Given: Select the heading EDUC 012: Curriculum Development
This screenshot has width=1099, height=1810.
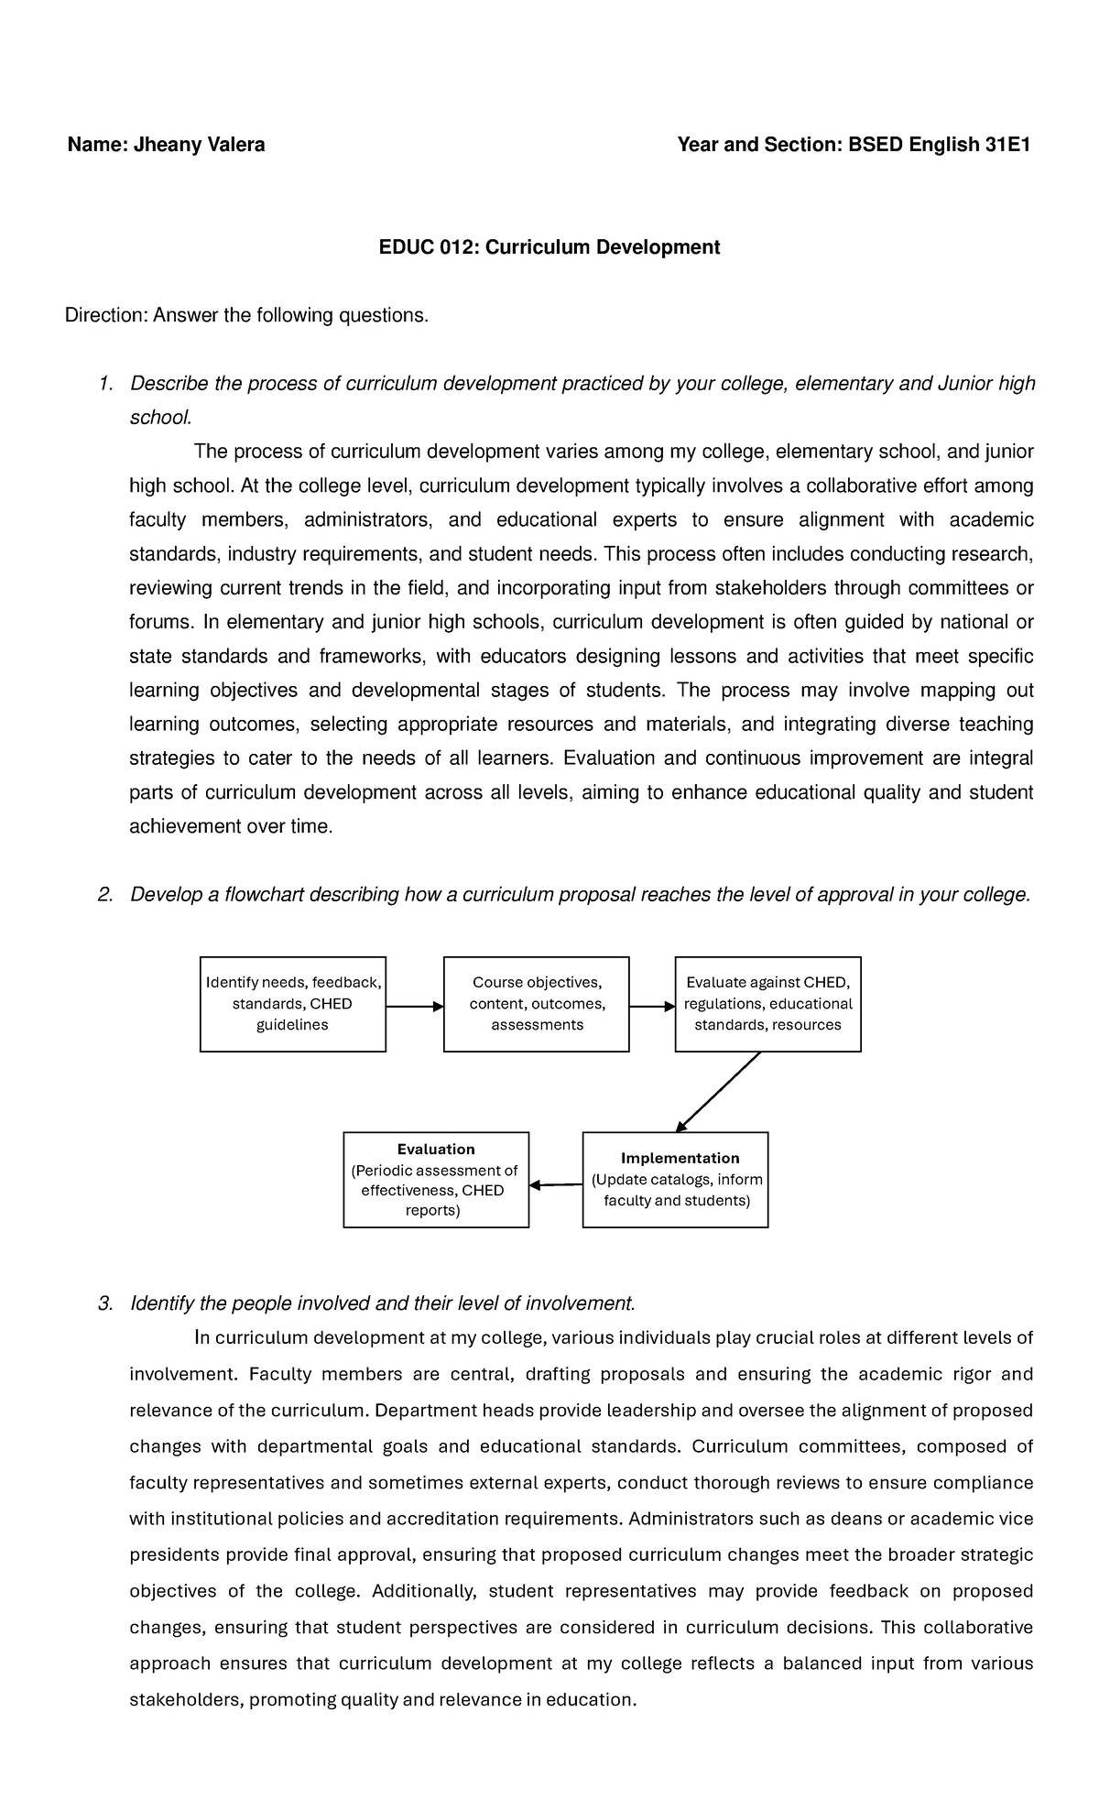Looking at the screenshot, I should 549,247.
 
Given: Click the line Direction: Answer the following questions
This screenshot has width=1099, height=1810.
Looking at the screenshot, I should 246,315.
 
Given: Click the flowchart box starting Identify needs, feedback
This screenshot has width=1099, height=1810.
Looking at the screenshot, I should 292,1004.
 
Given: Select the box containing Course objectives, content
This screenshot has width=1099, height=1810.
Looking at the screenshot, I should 537,1004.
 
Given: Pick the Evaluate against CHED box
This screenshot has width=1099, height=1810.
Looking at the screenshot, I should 767,1004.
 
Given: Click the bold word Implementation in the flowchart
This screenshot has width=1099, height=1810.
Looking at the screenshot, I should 680,1158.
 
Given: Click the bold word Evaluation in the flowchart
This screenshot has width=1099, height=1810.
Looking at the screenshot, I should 436,1149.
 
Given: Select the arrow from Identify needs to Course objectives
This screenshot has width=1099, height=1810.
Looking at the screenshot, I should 414,1007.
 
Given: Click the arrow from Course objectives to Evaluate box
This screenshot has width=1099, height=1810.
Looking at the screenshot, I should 652,1007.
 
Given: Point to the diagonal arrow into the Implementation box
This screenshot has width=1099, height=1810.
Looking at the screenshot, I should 720,1092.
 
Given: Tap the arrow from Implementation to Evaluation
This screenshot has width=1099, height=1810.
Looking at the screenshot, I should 556,1185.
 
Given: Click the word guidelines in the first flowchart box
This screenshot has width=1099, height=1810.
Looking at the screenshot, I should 292,1025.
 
